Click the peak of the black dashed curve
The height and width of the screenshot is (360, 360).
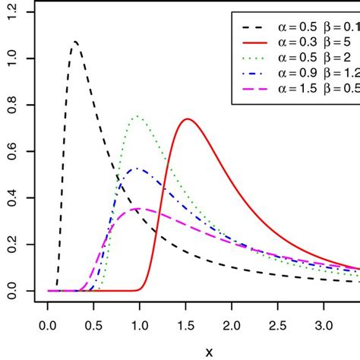(x=74, y=42)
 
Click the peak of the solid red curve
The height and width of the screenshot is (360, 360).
(x=187, y=118)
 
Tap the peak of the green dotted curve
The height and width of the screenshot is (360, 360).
(x=137, y=116)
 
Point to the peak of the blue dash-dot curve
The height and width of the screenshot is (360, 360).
(x=137, y=169)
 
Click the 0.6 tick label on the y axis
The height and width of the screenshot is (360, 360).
(x=14, y=151)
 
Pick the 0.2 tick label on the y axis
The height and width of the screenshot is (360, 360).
(x=14, y=244)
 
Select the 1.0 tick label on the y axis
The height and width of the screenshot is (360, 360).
(x=14, y=58)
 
